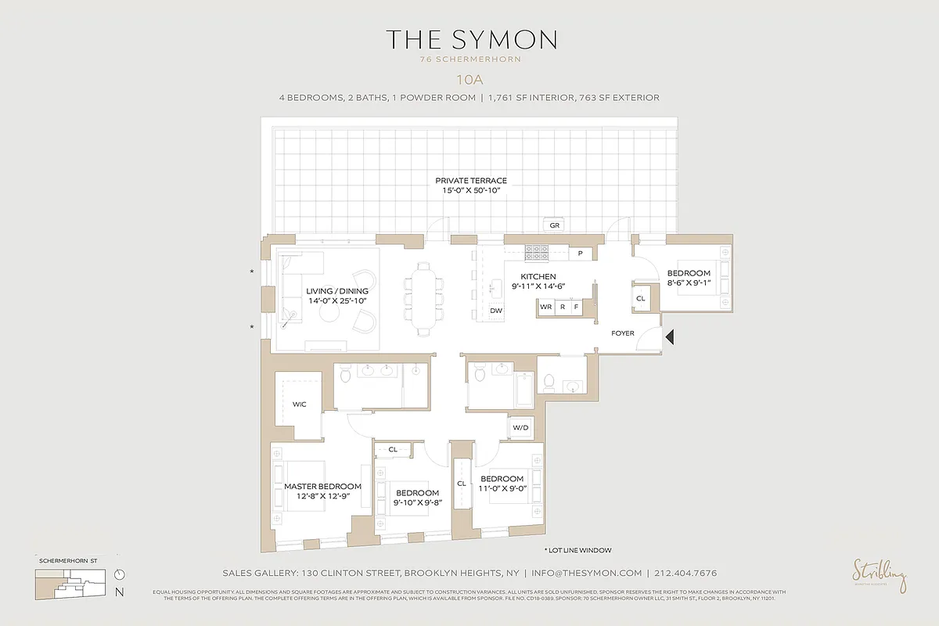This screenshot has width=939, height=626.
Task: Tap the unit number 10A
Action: [x=469, y=78]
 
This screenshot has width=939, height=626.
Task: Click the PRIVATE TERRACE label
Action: [x=471, y=181]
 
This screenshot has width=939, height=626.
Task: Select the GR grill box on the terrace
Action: [x=555, y=225]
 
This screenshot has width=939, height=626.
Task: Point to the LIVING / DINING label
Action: [x=336, y=290]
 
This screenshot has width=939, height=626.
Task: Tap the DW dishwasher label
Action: [x=495, y=311]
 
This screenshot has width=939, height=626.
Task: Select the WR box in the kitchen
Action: [x=546, y=308]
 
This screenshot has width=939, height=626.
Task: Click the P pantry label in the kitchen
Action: [x=580, y=254]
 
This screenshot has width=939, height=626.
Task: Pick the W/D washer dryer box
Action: [x=520, y=428]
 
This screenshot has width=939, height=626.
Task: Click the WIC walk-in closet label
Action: [x=299, y=405]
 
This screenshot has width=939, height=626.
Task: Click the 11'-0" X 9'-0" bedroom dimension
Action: [x=502, y=488]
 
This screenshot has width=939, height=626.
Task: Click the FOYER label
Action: [x=623, y=333]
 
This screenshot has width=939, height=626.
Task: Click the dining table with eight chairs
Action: [x=423, y=298]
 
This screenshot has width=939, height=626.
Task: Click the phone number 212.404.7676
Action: [x=686, y=573]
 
